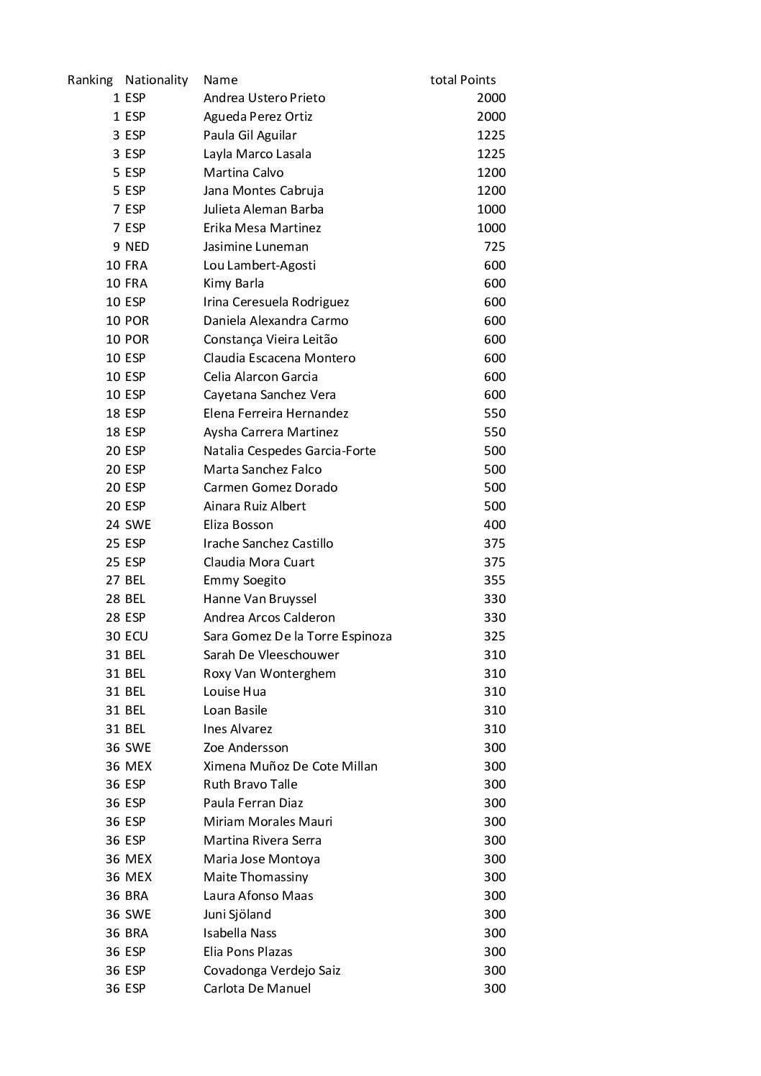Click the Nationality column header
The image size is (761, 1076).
(x=156, y=80)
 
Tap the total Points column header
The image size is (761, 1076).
(x=462, y=80)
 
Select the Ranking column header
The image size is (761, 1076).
(x=90, y=80)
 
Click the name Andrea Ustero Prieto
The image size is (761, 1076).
(x=264, y=98)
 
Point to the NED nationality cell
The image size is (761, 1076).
(x=137, y=247)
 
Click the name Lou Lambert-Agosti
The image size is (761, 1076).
(x=259, y=265)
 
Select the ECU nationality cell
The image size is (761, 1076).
(x=136, y=636)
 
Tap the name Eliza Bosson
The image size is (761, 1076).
(x=238, y=525)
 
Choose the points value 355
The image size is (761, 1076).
(x=494, y=580)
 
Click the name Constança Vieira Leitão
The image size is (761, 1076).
(x=270, y=339)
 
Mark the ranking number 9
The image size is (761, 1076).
(x=116, y=247)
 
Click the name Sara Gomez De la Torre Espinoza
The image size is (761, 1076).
(x=297, y=636)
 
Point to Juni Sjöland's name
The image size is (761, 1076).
(x=237, y=914)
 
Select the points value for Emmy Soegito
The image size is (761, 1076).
(x=494, y=580)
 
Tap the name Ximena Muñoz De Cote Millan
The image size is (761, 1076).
(x=290, y=766)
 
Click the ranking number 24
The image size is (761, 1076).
(x=112, y=525)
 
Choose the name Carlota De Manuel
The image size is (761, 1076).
(x=257, y=988)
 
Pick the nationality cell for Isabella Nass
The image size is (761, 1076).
(x=136, y=933)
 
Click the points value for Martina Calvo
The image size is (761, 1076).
(x=491, y=173)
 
